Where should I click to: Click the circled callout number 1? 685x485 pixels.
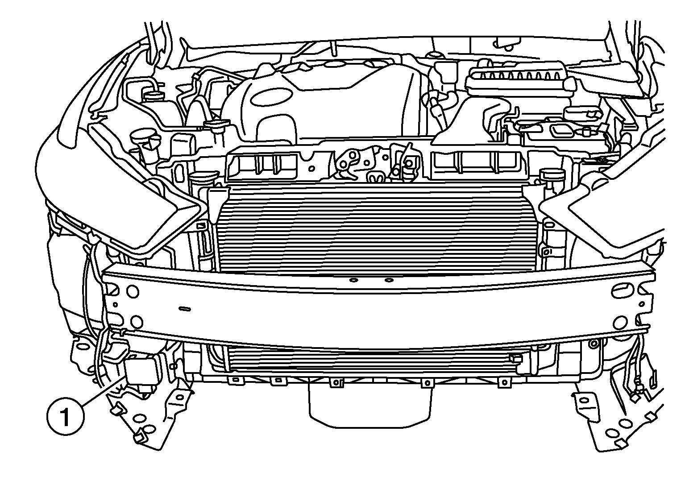tap(65, 416)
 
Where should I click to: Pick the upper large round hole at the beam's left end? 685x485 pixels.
tap(133, 292)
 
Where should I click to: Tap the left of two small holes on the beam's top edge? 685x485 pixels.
tap(353, 280)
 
